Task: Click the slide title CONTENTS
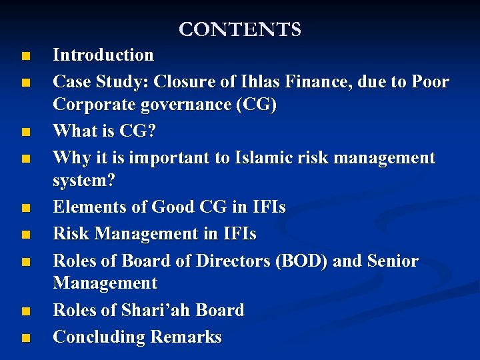click(x=240, y=30)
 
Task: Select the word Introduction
click(x=103, y=55)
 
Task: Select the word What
click(x=74, y=131)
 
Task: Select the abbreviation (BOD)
click(x=301, y=261)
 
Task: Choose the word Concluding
click(x=99, y=337)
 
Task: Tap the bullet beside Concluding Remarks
click(x=25, y=338)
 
